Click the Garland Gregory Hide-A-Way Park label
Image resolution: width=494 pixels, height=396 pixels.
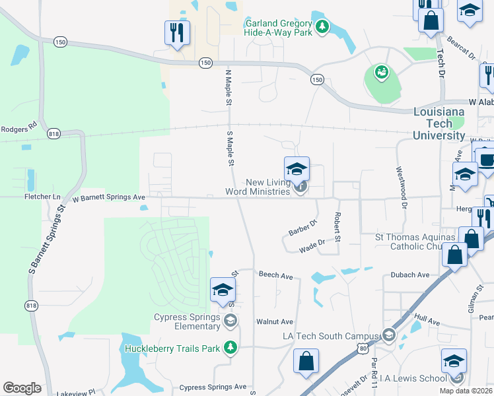coord(279,26)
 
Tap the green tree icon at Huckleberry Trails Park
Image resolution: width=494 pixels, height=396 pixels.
coord(230,346)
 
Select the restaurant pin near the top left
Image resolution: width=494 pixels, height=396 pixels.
coord(177,33)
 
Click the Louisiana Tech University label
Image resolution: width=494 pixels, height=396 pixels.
coord(439,123)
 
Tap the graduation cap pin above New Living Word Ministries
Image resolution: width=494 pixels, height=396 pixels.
coord(297,169)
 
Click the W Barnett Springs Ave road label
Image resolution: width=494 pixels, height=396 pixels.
coord(108,197)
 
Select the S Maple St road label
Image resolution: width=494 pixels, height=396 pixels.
coord(230,149)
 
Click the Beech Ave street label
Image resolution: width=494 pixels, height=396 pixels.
coord(275,274)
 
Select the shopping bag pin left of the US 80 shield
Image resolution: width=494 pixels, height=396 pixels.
coord(306,361)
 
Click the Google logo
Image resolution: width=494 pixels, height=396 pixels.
coord(22,388)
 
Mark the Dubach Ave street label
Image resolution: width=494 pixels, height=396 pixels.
coord(409,275)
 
